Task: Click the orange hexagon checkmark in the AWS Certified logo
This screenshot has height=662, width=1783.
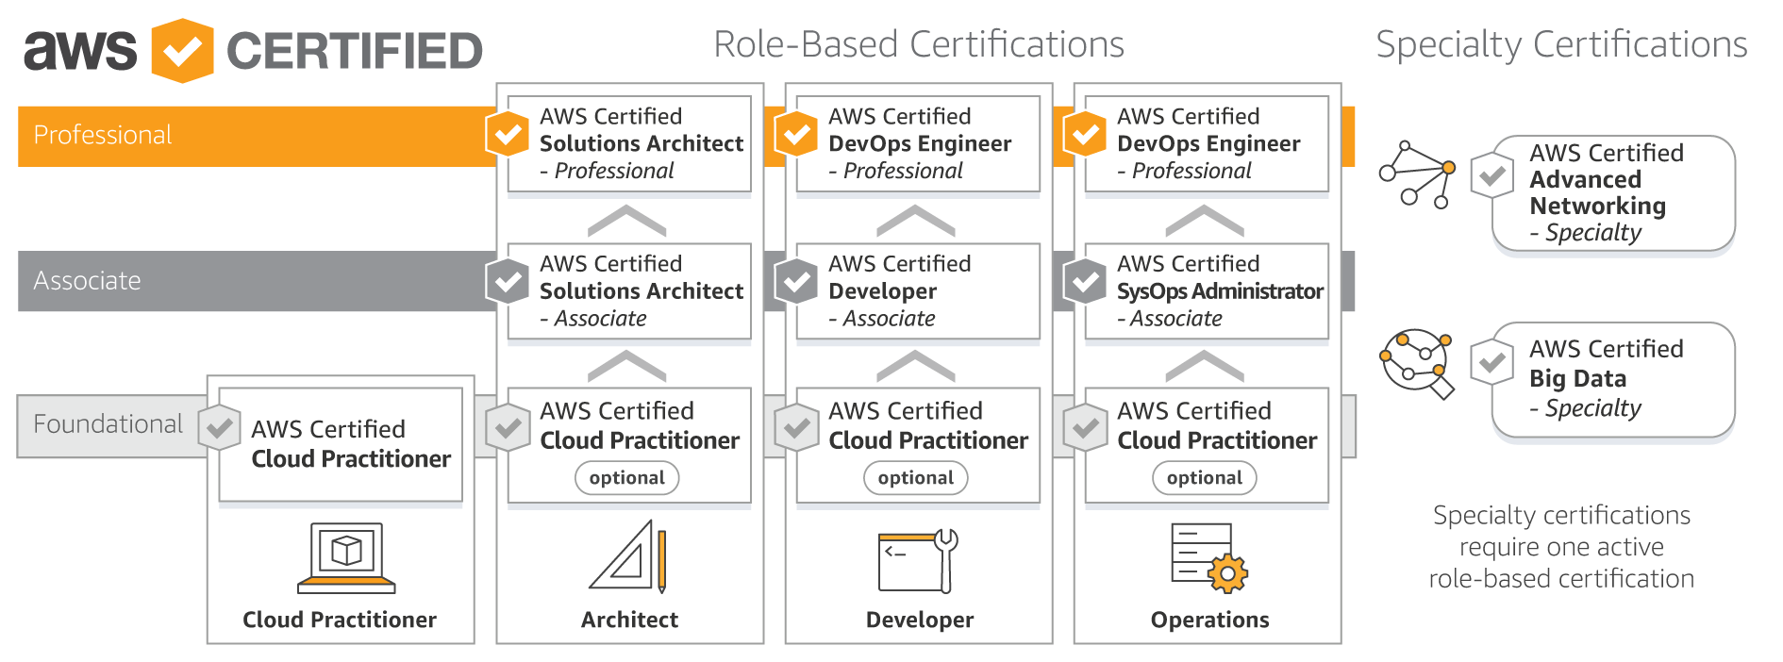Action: click(182, 51)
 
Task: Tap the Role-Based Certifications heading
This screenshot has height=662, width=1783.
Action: click(918, 44)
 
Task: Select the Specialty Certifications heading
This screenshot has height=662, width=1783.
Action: click(1560, 44)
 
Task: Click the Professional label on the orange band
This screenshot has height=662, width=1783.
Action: click(102, 135)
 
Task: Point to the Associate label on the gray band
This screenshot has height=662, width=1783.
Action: click(87, 281)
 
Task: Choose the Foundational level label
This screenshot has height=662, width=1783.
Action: click(108, 424)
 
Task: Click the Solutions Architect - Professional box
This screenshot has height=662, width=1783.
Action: click(629, 144)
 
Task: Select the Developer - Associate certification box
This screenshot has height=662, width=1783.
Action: click(918, 291)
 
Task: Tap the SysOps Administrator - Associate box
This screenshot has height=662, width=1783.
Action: click(1207, 291)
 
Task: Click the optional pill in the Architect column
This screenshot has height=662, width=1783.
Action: click(626, 478)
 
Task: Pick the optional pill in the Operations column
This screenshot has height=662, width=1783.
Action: click(1204, 478)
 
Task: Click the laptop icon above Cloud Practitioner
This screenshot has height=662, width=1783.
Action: click(346, 557)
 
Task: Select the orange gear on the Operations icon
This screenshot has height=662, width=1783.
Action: click(1226, 573)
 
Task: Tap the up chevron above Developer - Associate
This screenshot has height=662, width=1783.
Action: click(915, 222)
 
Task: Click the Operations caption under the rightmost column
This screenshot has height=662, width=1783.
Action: click(1209, 620)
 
